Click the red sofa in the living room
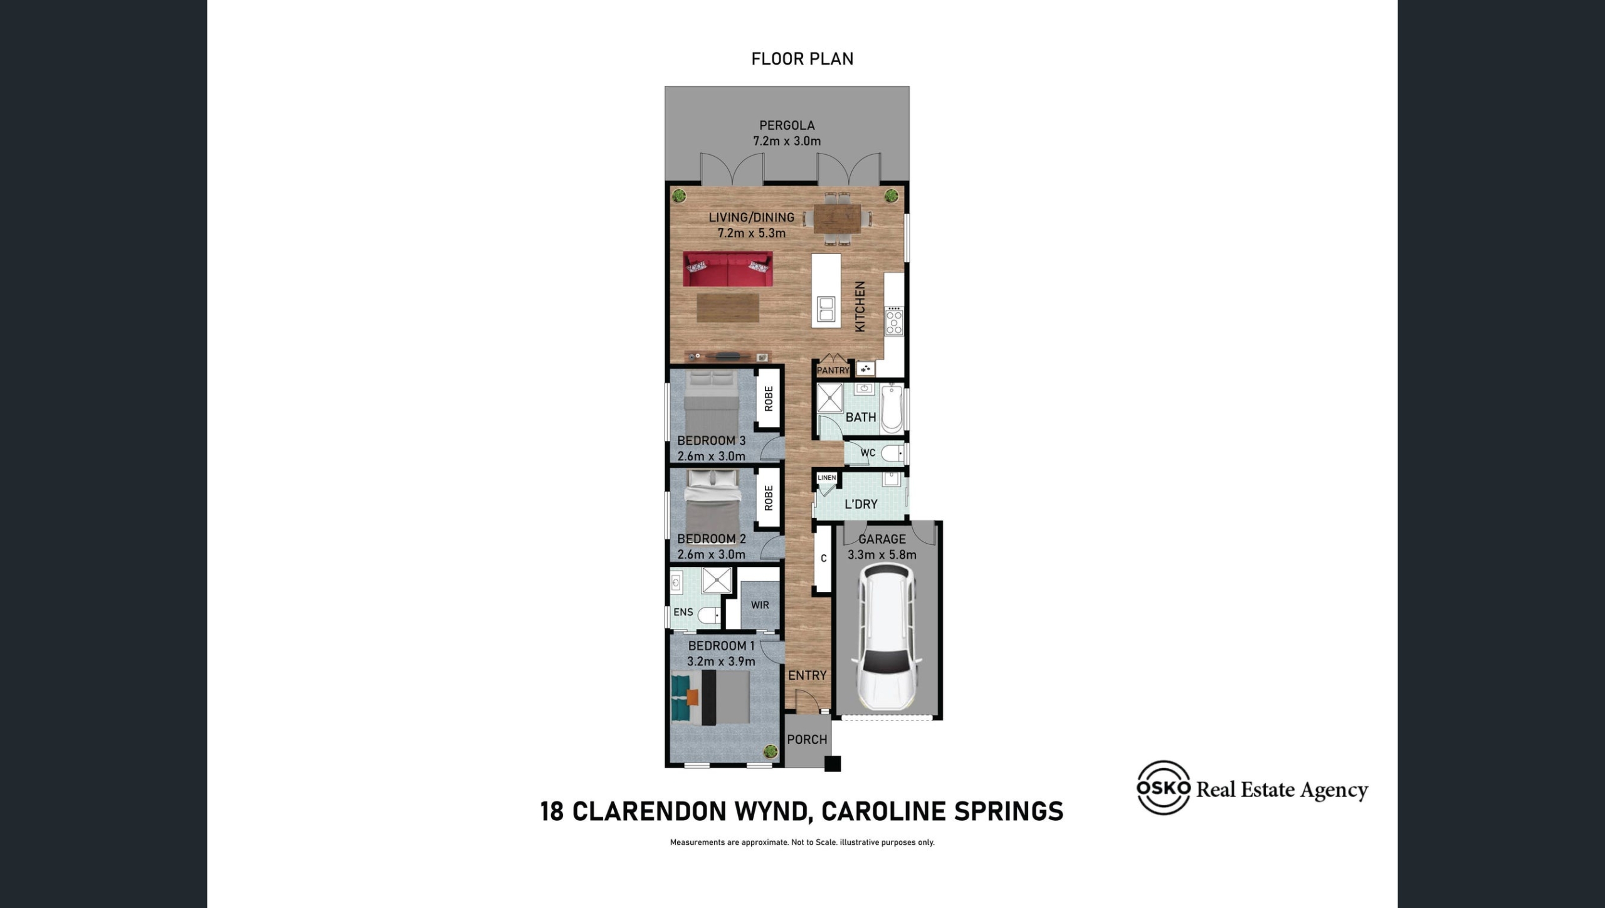[x=728, y=269]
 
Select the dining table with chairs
[x=838, y=219]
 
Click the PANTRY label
[x=833, y=371]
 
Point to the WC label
[x=868, y=453]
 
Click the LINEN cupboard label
[x=826, y=478]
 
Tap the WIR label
[x=760, y=605]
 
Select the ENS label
[x=683, y=612]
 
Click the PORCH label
[x=807, y=739]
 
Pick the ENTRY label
[x=807, y=675]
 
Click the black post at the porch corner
[x=833, y=764]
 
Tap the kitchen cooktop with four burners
[x=894, y=320]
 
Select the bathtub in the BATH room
[x=892, y=409]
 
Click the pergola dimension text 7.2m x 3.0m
[x=787, y=141]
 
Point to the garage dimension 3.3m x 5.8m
[x=882, y=555]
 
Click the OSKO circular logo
[x=1164, y=788]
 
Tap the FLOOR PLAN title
[x=802, y=59]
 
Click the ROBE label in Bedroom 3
[x=769, y=399]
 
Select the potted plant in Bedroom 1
[x=771, y=751]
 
